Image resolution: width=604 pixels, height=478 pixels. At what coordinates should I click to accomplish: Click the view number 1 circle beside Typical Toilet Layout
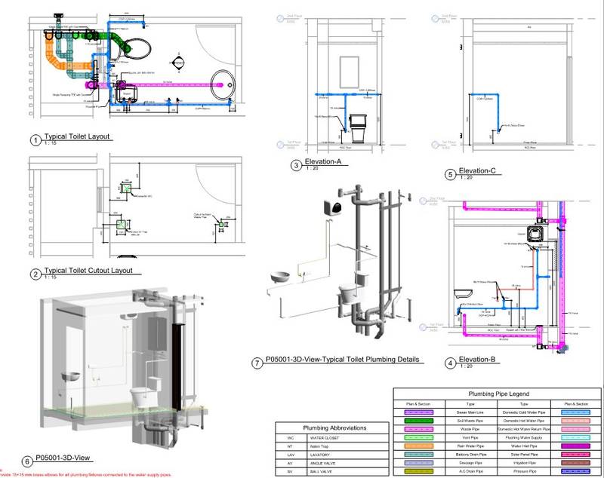pyautogui.click(x=35, y=140)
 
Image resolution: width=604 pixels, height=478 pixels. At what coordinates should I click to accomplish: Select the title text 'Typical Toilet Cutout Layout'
pyautogui.click(x=88, y=270)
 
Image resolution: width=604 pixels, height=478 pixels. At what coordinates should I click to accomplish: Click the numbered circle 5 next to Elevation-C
pyautogui.click(x=450, y=173)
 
